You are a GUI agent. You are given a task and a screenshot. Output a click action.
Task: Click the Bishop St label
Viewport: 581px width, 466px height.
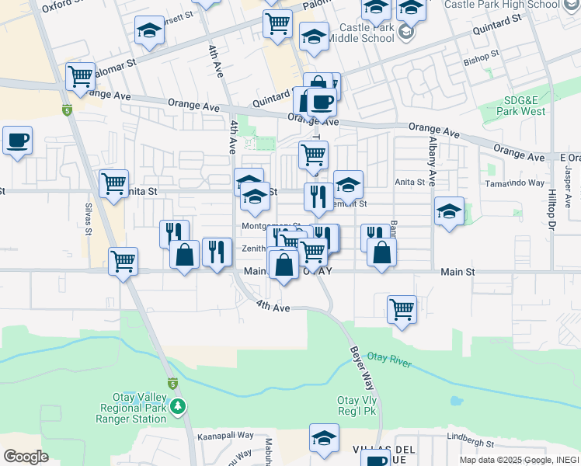point(481,56)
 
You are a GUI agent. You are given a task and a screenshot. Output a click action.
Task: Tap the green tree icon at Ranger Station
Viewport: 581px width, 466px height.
point(179,406)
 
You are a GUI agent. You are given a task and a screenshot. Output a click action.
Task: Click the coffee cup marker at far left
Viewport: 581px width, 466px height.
point(17,141)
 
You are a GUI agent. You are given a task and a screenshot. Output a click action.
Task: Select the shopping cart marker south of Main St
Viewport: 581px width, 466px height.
point(402,309)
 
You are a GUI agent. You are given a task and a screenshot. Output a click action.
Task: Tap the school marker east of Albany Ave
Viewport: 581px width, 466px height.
point(449,210)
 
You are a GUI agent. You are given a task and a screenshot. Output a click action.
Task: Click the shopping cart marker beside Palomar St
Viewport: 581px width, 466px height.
point(81,76)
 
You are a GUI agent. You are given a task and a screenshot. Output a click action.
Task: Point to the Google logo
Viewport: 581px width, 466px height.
point(26,457)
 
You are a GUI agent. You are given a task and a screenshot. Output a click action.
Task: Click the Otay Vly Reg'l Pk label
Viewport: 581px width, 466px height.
point(357,405)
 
